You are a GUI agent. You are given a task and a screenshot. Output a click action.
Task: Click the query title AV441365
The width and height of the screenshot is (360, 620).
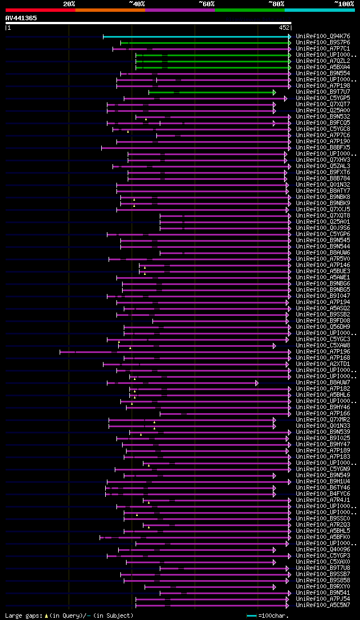[x=21, y=18]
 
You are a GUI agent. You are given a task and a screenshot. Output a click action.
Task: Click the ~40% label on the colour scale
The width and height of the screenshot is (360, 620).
[x=137, y=4]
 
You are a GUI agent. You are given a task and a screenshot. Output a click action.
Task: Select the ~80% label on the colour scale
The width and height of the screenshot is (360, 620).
[x=276, y=4]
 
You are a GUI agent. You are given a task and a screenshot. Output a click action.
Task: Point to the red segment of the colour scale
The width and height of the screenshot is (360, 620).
[x=40, y=10]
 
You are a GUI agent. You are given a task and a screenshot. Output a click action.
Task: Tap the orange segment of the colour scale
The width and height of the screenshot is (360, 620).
[x=110, y=10]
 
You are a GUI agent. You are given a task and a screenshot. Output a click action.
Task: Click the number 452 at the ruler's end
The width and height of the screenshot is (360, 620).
[x=284, y=27]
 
